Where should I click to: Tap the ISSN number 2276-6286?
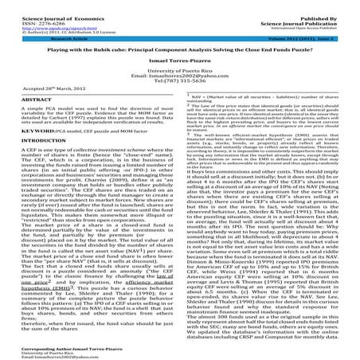pyautogui.click(x=33, y=11)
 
